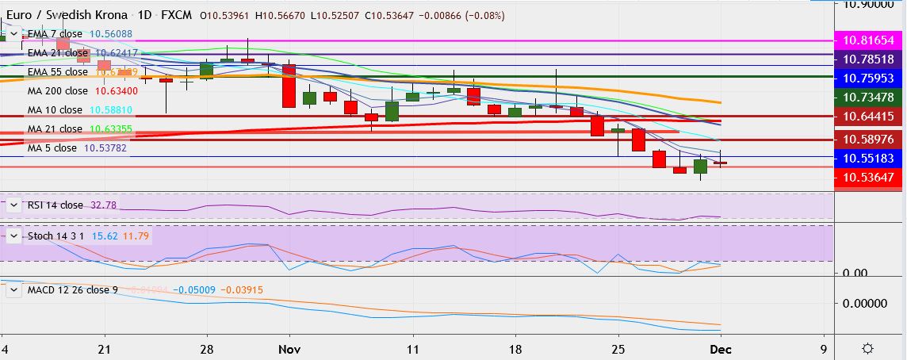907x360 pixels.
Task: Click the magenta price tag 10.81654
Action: pos(868,39)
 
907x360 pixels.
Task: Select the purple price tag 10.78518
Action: pos(868,59)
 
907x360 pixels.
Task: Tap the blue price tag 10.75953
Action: pos(868,79)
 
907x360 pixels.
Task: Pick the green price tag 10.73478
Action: pos(868,97)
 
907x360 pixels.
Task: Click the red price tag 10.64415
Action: pos(868,117)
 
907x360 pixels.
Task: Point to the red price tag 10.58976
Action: pos(868,139)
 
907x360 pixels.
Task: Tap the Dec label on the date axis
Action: pos(721,349)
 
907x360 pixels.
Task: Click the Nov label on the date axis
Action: pos(289,349)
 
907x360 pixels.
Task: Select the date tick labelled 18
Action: pos(515,349)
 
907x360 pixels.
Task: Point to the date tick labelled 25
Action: pos(618,349)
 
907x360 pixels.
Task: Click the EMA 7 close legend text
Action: pos(54,34)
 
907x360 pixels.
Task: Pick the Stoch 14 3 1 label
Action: pos(58,236)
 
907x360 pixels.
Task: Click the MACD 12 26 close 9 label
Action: pos(73,289)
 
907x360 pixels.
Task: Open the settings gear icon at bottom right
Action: pos(868,349)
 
